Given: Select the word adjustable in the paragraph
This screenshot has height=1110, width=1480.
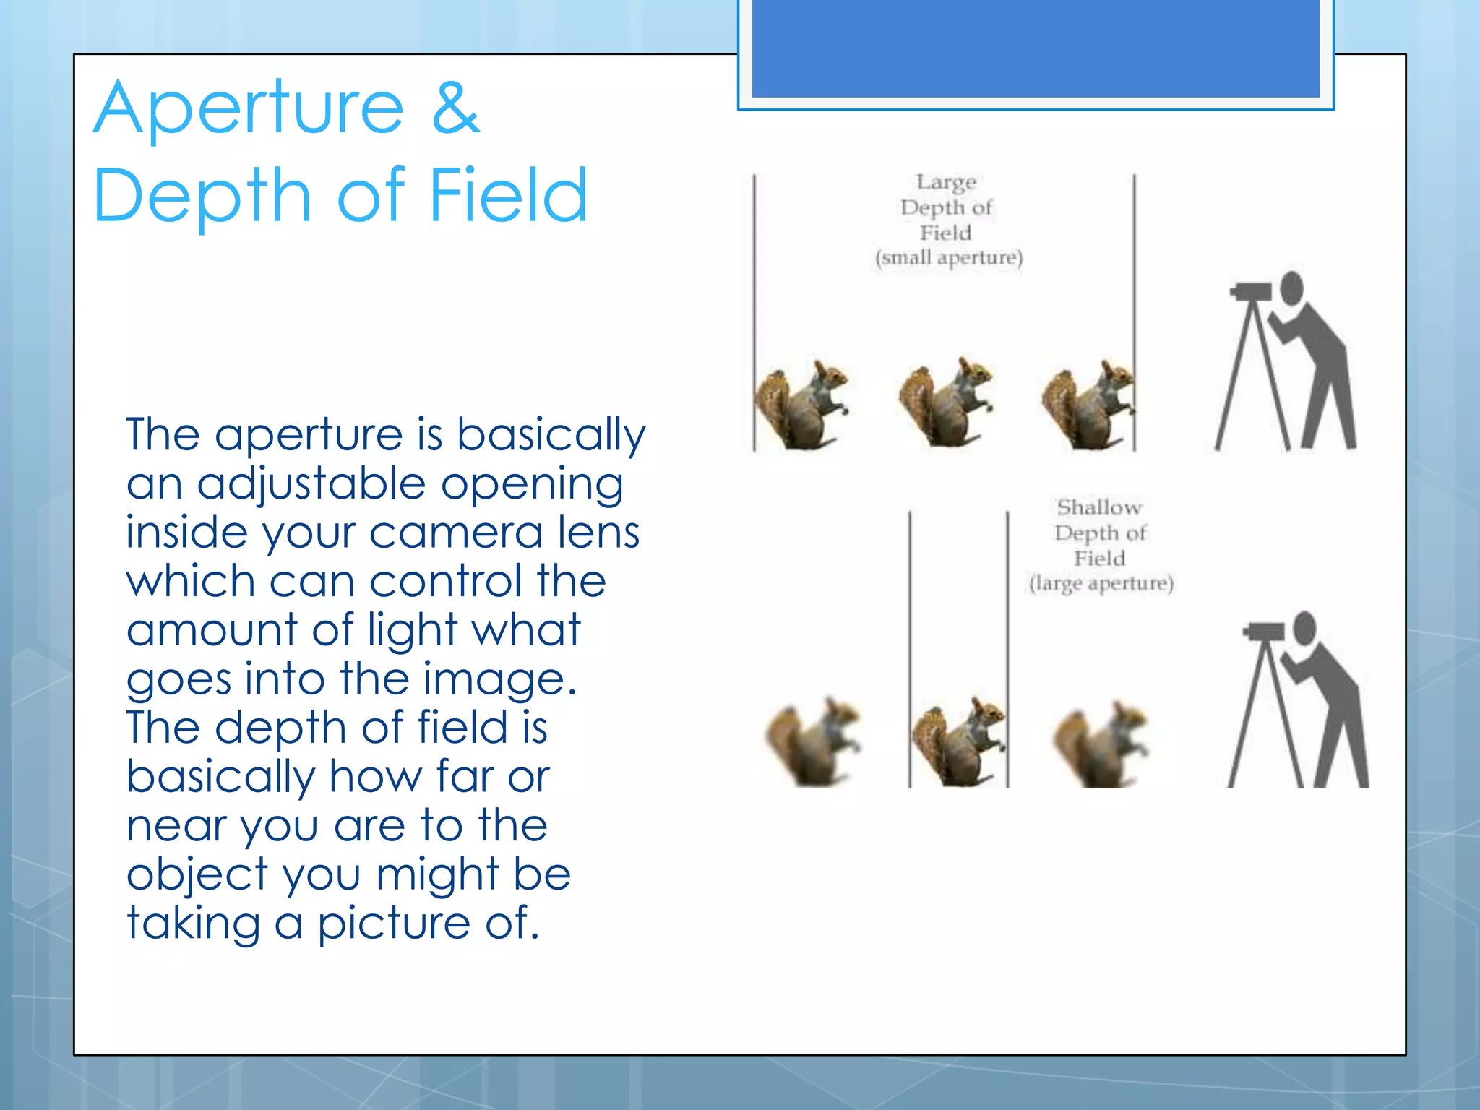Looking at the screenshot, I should click(311, 484).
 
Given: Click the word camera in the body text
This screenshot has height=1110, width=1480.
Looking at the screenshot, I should click(455, 533).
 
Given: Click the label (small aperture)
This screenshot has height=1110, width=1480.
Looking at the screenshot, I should click(949, 258).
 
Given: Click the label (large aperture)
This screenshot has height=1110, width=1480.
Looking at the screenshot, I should click(1101, 583).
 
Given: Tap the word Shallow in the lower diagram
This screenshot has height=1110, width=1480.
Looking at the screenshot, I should click(1099, 507).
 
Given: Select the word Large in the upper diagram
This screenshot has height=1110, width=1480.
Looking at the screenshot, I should click(946, 182).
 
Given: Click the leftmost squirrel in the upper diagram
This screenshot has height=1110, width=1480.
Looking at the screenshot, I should click(801, 405).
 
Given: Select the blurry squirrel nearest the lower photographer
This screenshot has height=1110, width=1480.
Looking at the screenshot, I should click(1099, 744).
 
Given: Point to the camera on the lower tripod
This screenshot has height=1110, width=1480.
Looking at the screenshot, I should click(1265, 631).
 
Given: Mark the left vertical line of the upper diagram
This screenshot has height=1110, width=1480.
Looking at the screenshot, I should click(754, 311).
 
